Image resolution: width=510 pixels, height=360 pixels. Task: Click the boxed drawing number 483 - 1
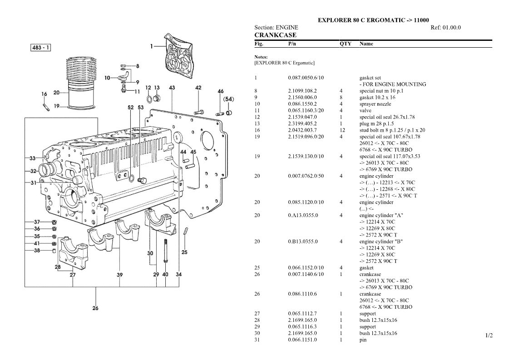[41, 48]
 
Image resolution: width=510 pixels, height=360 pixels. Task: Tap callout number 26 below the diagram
[95, 308]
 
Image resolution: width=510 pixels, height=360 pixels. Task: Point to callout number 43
[172, 88]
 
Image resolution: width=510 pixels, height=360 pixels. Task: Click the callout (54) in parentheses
[228, 99]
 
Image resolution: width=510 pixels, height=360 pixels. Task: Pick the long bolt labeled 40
[166, 251]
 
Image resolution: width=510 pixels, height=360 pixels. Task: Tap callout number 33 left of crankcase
[33, 158]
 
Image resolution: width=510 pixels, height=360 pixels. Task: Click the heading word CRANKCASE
[276, 35]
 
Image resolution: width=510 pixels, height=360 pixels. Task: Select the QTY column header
[346, 44]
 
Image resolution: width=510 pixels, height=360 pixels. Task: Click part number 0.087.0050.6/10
[306, 78]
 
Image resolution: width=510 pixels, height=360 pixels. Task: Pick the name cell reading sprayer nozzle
[375, 104]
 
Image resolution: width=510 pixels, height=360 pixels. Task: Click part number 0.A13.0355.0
[303, 215]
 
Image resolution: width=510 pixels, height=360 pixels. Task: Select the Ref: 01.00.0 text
[446, 28]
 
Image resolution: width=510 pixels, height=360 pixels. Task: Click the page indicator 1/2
[489, 335]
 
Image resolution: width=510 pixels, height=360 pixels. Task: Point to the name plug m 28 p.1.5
[376, 123]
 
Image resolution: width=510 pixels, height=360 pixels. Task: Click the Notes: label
[261, 57]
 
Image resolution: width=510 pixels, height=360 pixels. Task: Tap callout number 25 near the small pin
[184, 252]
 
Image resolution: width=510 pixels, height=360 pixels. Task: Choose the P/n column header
[292, 44]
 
